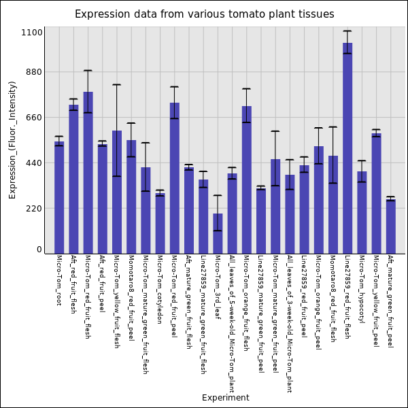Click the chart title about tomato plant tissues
(x=204, y=14)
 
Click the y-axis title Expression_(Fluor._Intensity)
(x=12, y=139)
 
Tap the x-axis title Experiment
(x=225, y=398)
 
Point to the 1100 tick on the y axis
(x=31, y=33)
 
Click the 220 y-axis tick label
(x=34, y=209)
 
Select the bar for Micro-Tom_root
(x=59, y=197)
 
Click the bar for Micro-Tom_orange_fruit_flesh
(x=246, y=180)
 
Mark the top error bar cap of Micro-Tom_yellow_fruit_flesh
(x=117, y=85)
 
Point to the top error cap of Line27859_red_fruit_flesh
(x=347, y=31)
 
